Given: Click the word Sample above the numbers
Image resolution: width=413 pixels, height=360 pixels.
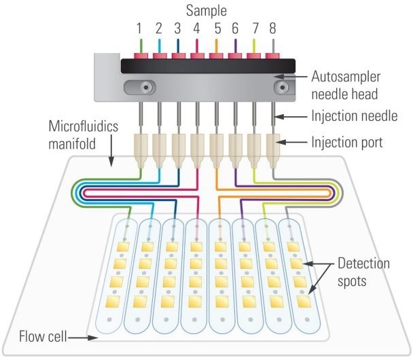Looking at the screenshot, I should [207, 11].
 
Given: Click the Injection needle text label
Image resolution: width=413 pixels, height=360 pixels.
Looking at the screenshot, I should [353, 116].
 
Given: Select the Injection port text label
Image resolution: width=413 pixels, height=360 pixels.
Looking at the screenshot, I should [348, 143].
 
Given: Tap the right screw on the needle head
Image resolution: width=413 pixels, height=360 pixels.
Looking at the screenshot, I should [277, 87].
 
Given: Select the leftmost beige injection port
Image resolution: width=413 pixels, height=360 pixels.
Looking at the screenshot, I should [141, 150].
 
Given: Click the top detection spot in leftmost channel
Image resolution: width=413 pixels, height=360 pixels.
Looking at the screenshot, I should [124, 246].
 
